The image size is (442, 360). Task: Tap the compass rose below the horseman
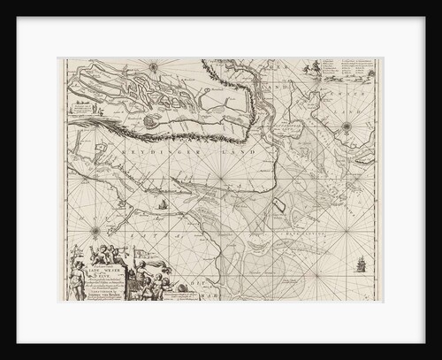pyautogui.click(x=347, y=126)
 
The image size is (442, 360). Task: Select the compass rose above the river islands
pyautogui.click(x=153, y=65)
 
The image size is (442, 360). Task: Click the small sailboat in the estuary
pyautogui.click(x=162, y=205)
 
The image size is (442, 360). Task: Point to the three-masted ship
pyautogui.click(x=360, y=264)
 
